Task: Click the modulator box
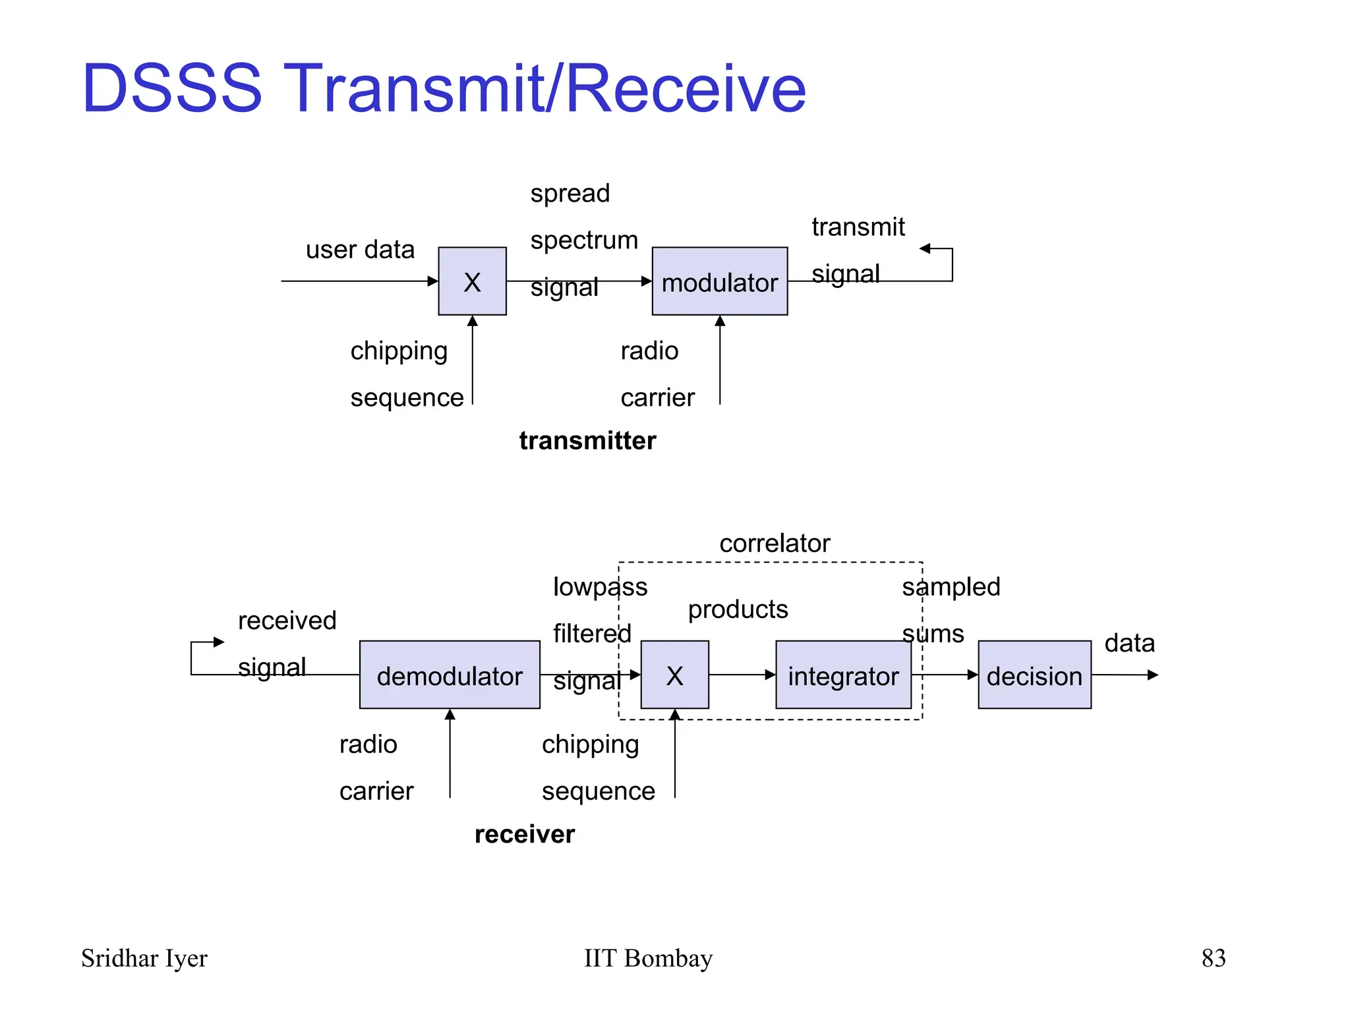point(719,281)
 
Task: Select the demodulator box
point(450,675)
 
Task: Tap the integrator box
point(843,675)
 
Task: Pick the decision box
point(1034,675)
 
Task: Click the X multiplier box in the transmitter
point(472,281)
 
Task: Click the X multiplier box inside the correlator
point(674,675)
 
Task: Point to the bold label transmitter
point(587,440)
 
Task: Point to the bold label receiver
point(525,834)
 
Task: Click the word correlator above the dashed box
point(775,543)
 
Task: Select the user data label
point(360,250)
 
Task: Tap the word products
point(738,609)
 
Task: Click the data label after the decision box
point(1129,642)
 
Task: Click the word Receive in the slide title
point(686,88)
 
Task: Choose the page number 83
point(1213,957)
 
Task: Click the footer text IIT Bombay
point(648,957)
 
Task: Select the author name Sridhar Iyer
point(144,957)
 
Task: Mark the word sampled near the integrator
point(951,586)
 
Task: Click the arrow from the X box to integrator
point(742,675)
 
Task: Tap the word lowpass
point(600,586)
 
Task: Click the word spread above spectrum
point(570,194)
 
